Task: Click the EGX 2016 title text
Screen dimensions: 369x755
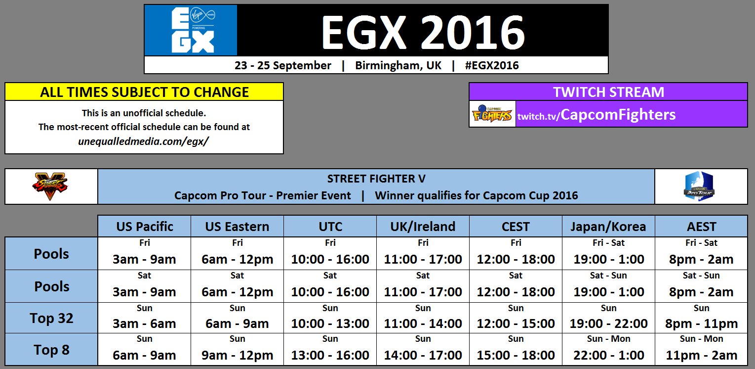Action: (x=423, y=31)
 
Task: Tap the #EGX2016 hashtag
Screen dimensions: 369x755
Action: (x=491, y=65)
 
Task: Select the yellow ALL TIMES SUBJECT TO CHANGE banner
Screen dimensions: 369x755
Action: (x=144, y=92)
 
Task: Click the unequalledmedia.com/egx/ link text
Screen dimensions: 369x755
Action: (x=144, y=141)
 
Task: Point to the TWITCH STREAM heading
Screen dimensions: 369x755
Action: (x=608, y=92)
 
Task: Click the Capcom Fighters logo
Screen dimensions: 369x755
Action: (x=492, y=114)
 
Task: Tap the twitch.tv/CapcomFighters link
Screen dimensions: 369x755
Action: (x=596, y=115)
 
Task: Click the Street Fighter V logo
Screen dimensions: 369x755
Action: (x=51, y=186)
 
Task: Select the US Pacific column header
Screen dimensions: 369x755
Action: (x=144, y=227)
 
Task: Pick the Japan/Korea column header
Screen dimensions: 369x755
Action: (x=608, y=227)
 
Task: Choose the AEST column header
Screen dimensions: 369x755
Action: (x=701, y=227)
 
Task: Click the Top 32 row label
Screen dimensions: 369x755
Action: (x=51, y=318)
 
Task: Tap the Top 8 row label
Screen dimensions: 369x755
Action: (x=51, y=350)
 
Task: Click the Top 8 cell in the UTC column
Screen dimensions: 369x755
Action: (x=330, y=350)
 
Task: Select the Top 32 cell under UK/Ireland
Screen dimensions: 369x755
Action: (x=423, y=318)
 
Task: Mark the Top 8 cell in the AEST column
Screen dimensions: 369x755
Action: (x=701, y=350)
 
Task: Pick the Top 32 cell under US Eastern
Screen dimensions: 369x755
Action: (x=237, y=318)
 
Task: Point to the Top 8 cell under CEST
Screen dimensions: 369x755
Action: (x=516, y=350)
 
